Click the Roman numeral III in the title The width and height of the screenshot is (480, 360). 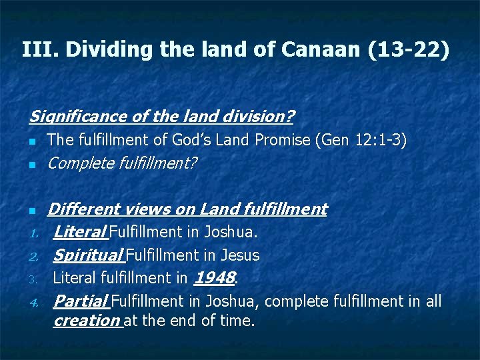tap(35, 49)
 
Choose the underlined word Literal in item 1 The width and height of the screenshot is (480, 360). tap(80, 233)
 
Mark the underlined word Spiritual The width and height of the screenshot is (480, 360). tap(88, 255)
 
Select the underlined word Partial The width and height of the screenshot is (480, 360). tap(81, 301)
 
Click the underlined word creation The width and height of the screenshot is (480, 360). tap(87, 321)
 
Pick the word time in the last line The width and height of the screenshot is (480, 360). tap(238, 321)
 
